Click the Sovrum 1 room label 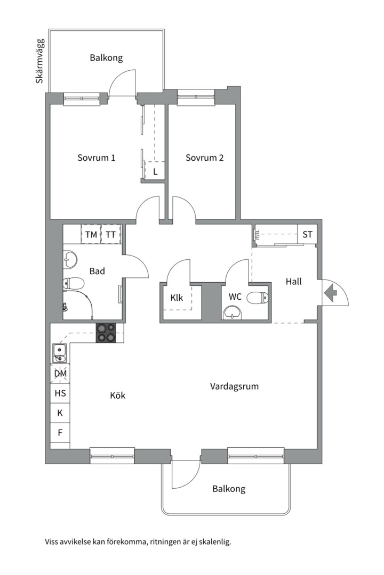coord(97,158)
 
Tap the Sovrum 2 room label coord(205,158)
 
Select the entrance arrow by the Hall coord(331,293)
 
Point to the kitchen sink coord(60,353)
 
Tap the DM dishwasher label coord(61,374)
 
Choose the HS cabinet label coord(60,393)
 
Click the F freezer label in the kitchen coord(60,433)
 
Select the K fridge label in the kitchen coord(60,413)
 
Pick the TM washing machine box coord(91,234)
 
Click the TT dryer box coord(111,234)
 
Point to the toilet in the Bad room coord(74,283)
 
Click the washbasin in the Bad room coord(70,260)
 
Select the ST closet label coord(308,234)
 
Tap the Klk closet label coord(177,298)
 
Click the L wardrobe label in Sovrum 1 coord(155,171)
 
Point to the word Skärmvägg coord(39,61)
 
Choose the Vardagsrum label coord(235,386)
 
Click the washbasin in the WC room coord(233,313)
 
